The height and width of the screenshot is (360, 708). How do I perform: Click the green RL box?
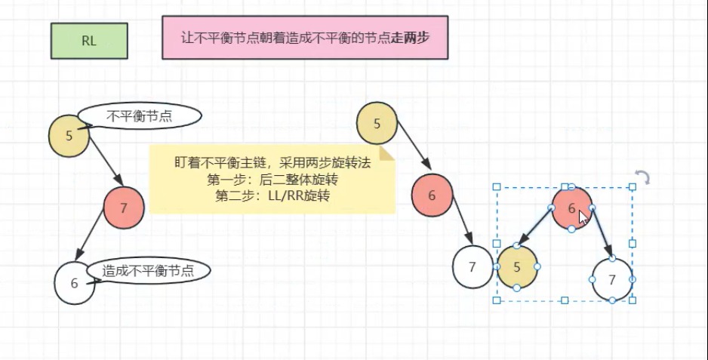[89, 41]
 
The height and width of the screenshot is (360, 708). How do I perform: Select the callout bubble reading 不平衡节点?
[140, 115]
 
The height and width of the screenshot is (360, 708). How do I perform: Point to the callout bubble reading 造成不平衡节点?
[148, 271]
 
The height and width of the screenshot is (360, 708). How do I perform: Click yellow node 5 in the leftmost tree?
[69, 136]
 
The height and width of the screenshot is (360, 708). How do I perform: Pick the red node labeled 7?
[124, 208]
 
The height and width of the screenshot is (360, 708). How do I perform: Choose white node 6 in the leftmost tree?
[74, 283]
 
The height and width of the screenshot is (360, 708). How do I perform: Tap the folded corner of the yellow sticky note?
[387, 153]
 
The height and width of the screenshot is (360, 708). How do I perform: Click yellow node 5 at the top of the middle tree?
[377, 122]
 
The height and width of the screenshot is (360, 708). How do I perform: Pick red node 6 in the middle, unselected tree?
[432, 195]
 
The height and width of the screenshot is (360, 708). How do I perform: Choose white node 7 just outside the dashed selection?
[472, 266]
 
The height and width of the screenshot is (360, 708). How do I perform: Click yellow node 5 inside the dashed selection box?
[517, 267]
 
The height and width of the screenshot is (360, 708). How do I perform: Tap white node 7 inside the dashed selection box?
[612, 279]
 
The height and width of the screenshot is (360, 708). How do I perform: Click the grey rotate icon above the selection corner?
[642, 178]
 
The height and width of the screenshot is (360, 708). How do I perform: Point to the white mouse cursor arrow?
[583, 218]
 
